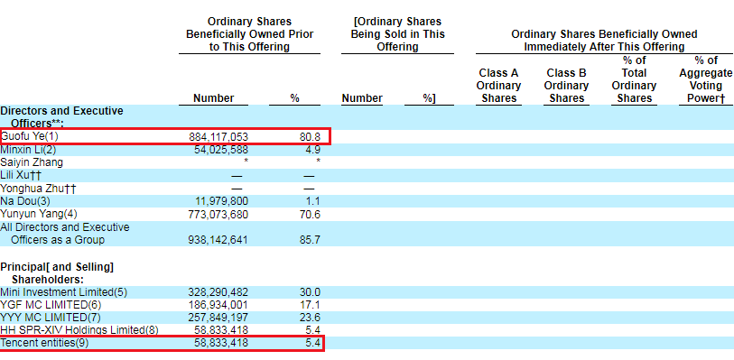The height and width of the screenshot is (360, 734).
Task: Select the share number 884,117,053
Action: tap(218, 137)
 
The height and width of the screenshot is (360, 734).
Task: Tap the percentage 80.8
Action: tap(310, 137)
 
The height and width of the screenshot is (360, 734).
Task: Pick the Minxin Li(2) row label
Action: tap(28, 150)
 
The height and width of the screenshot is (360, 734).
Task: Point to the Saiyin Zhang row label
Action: tap(32, 162)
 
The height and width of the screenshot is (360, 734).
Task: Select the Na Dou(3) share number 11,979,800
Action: tap(221, 201)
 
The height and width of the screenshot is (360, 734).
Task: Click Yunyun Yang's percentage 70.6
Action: tap(310, 214)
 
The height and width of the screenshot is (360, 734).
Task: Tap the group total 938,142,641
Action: tap(218, 240)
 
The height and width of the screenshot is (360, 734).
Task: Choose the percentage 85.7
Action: tap(310, 240)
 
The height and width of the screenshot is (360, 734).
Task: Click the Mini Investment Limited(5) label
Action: tap(64, 292)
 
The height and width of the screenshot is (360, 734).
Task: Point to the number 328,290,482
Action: tap(218, 292)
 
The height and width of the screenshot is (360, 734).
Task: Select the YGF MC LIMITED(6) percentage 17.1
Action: tap(310, 305)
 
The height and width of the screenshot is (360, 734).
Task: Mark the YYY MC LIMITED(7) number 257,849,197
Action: tap(218, 318)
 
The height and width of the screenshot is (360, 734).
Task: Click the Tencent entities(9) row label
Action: tap(44, 343)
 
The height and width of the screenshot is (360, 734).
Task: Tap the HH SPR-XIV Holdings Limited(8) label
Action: tap(79, 330)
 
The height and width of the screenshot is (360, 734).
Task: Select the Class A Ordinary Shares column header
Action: tap(498, 86)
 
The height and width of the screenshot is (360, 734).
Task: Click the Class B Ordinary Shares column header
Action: tap(567, 86)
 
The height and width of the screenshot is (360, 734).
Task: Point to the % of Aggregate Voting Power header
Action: tap(706, 79)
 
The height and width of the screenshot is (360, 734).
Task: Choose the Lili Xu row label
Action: tap(21, 176)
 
